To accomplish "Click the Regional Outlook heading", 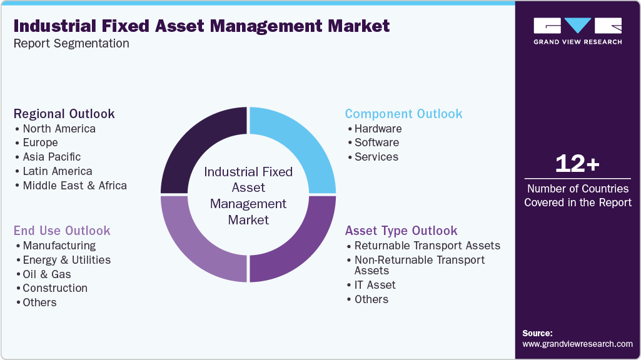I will [64, 114].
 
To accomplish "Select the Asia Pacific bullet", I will [51, 157].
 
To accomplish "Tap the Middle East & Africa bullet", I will [74, 186].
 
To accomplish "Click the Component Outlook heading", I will [403, 114].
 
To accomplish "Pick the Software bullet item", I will [376, 142].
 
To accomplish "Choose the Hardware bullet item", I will [378, 129].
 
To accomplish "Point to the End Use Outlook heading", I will [62, 231].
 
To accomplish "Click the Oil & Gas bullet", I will [47, 274].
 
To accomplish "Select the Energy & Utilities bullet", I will [66, 260].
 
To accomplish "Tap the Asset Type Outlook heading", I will [401, 231].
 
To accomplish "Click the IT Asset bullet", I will [375, 285].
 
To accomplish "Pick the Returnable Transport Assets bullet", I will [427, 246].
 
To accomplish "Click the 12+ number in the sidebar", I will [577, 164].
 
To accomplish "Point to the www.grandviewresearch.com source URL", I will [577, 344].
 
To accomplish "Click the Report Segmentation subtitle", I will [71, 44].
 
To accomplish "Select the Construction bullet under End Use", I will [55, 288].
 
